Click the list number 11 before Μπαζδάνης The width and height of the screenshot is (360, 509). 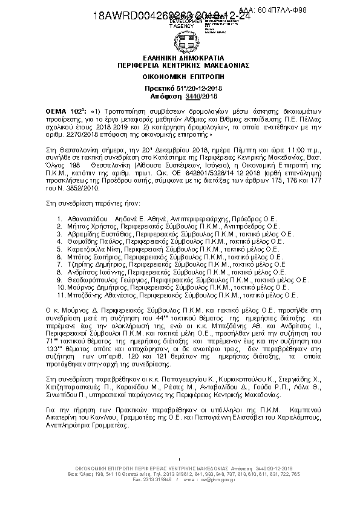point(60,296)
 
